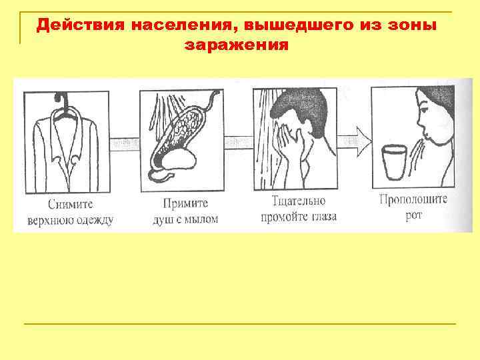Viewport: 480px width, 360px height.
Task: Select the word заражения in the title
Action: (x=237, y=45)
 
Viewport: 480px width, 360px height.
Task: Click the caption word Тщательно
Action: (x=299, y=200)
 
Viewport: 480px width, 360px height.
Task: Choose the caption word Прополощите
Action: (x=413, y=199)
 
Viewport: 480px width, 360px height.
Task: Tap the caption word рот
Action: (x=413, y=215)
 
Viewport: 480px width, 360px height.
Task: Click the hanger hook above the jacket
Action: (x=66, y=99)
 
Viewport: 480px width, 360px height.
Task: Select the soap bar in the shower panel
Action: (x=176, y=159)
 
